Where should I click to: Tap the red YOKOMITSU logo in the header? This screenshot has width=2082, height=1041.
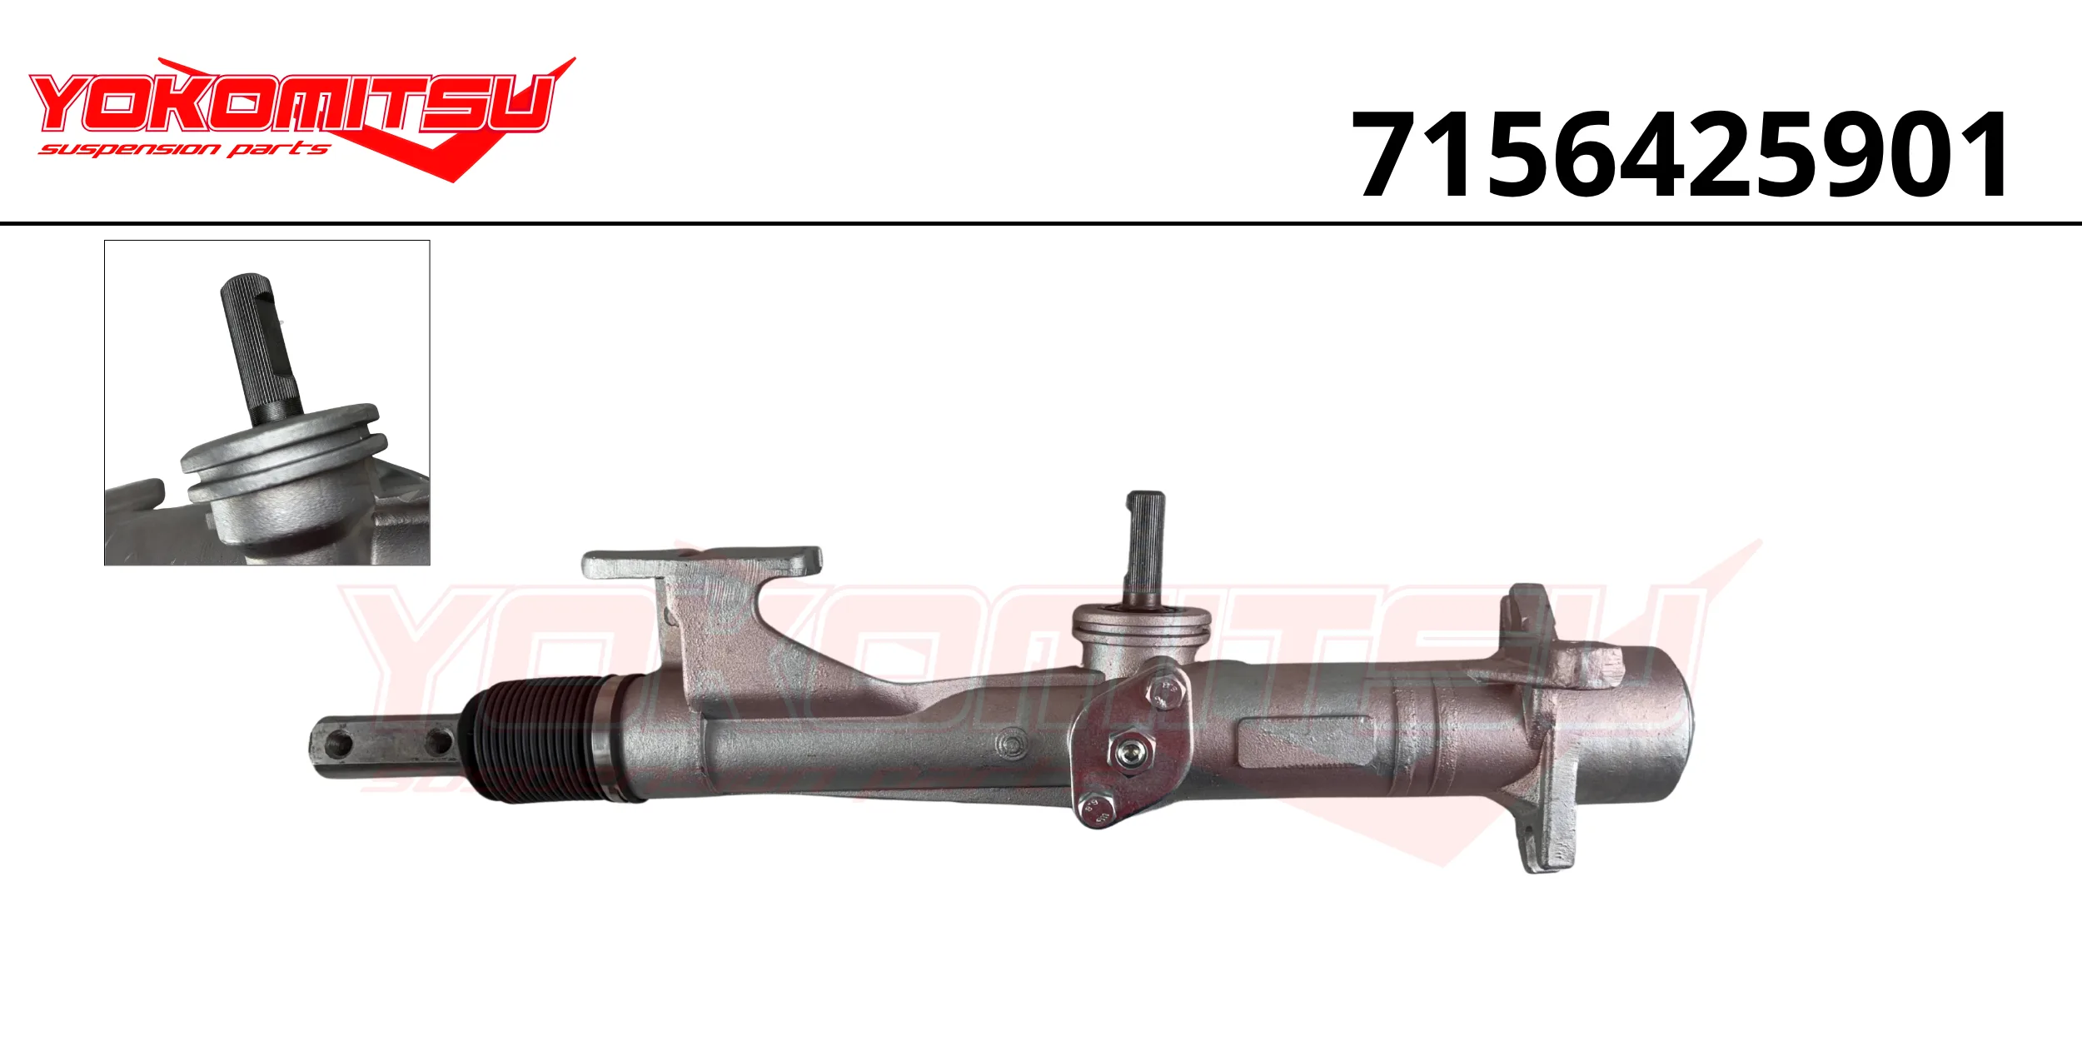(300, 117)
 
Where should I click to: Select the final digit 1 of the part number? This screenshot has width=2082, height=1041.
(1984, 155)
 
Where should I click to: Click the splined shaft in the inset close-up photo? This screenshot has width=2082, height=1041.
(260, 345)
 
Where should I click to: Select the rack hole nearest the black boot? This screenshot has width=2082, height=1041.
(439, 743)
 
